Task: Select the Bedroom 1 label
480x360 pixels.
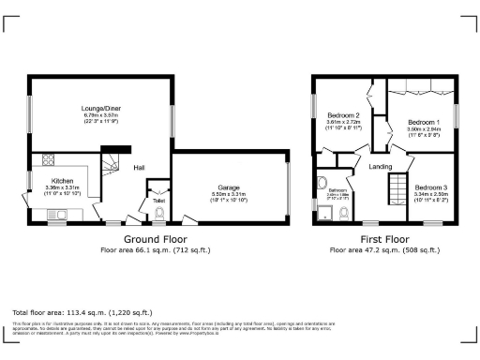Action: click(x=423, y=123)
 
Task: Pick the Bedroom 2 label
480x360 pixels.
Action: click(x=343, y=115)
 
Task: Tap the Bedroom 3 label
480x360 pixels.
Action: click(x=431, y=187)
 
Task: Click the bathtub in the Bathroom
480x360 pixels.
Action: click(x=321, y=184)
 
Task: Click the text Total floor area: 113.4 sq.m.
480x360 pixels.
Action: click(x=70, y=311)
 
